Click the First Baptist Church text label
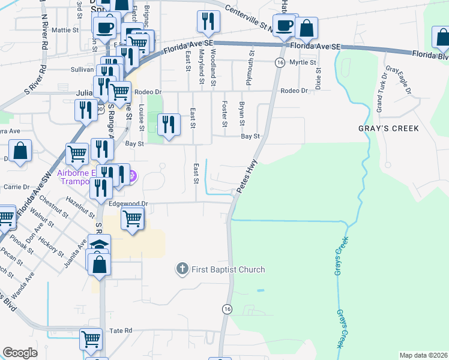228,269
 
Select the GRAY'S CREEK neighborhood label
388,129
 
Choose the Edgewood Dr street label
128,204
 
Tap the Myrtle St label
303,62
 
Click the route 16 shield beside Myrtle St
280,62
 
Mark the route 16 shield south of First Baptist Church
226,308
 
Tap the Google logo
20,353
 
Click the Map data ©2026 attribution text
423,355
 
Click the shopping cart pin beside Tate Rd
91,339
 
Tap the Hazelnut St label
81,207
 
